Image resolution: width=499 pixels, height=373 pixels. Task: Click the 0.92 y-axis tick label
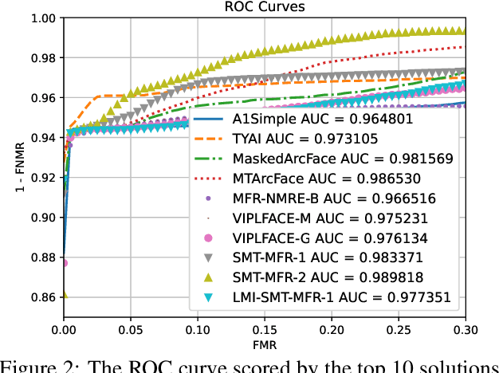(x=44, y=178)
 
